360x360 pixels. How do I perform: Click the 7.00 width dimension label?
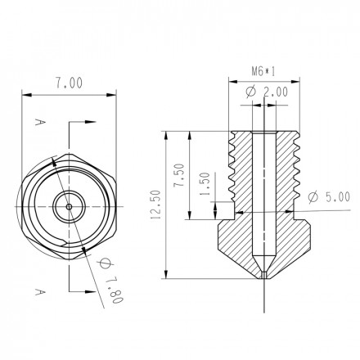pos(69,83)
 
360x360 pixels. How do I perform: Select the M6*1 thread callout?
pos(263,72)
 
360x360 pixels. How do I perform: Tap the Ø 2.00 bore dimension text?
pos(267,92)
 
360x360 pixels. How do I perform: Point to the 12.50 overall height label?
pos(156,205)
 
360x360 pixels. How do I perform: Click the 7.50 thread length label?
pos(179,175)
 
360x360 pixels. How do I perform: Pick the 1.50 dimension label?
pos(205,184)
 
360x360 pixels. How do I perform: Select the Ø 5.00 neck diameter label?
pos(329,196)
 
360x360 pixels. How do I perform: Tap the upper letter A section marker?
pos(39,122)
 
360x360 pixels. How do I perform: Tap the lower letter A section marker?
pos(39,292)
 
